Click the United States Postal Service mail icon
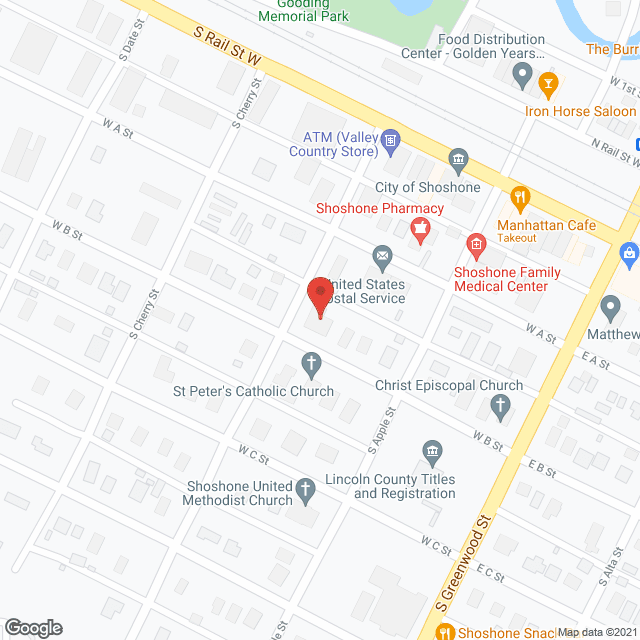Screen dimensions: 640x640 pos(382,259)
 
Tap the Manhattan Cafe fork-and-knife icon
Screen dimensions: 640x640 pos(519,198)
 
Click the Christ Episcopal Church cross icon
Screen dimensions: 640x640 pos(502,406)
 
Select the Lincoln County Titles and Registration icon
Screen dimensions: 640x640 pos(432,453)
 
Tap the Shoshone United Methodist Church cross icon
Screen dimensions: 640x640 pos(307,491)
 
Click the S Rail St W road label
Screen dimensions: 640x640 pos(227,47)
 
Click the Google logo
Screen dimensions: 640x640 pos(32,627)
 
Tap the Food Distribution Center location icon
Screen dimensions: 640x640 pos(521,73)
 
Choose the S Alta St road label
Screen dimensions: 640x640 pos(609,577)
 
